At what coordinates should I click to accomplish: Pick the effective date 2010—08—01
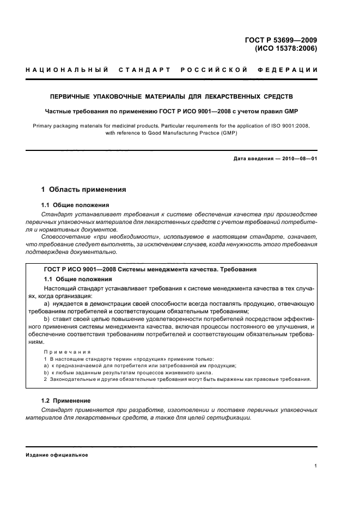pos(299,159)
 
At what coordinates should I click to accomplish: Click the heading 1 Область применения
pos(84,190)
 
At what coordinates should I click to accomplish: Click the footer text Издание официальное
pos(57,454)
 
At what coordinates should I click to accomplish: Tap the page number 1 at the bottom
pos(316,466)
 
